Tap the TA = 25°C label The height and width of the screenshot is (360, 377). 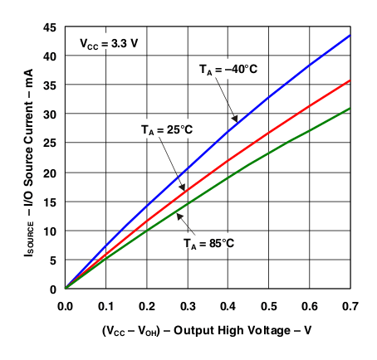point(166,130)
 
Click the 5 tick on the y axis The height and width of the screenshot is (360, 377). point(53,260)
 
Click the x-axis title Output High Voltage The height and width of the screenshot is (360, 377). point(208,330)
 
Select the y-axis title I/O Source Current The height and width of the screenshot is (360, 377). point(18,158)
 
